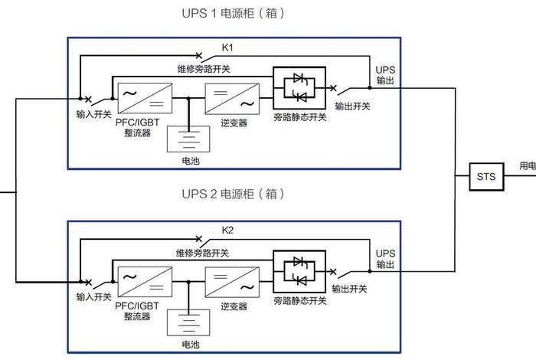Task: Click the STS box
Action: [486, 177]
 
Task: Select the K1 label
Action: [227, 47]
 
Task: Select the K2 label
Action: [227, 230]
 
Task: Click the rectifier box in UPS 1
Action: [142, 99]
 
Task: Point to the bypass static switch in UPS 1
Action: [299, 87]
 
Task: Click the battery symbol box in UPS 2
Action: [188, 322]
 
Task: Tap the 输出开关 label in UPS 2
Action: [350, 290]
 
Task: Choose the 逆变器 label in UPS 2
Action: [234, 306]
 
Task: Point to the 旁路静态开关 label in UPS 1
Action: [299, 117]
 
